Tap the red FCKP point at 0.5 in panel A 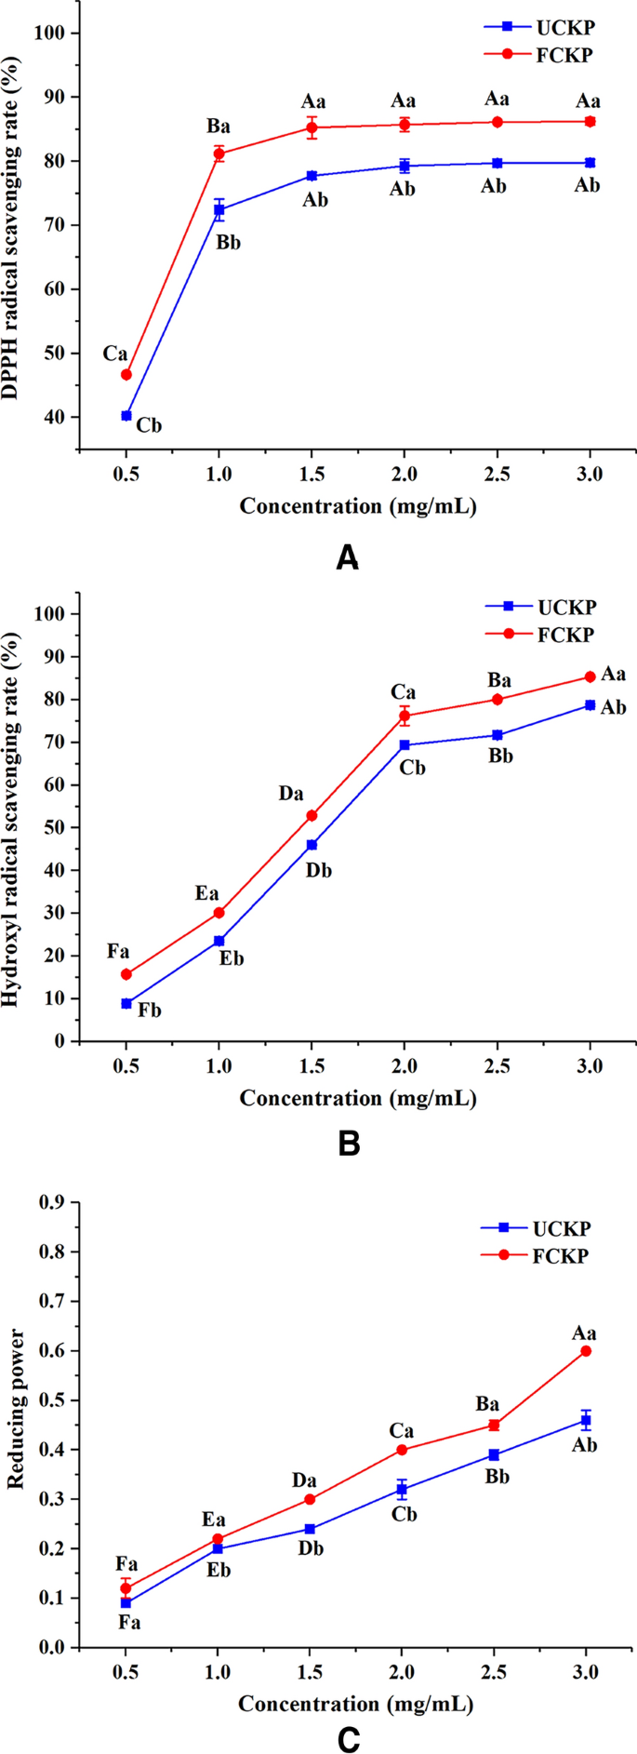(126, 375)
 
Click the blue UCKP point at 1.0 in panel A (219, 209)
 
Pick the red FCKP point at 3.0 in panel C (586, 1350)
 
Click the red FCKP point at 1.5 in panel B (312, 815)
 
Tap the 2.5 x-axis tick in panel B (497, 1064)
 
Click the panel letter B (348, 1144)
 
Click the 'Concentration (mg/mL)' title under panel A (358, 506)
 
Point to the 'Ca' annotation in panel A (115, 354)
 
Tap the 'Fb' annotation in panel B (149, 1010)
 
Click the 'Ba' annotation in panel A (218, 127)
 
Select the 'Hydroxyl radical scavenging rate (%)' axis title (12, 819)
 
